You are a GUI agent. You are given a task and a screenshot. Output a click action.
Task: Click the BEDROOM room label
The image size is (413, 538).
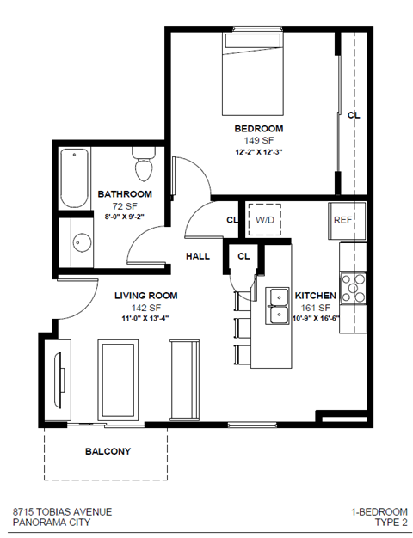(x=259, y=129)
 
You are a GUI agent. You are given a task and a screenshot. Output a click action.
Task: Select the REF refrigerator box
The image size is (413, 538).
(x=344, y=220)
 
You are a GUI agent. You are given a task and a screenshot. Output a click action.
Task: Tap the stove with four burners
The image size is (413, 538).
(x=354, y=284)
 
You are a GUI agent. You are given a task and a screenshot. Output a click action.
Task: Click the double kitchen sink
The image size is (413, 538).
(x=279, y=307)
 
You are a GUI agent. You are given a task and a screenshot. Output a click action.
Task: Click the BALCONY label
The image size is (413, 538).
(x=107, y=451)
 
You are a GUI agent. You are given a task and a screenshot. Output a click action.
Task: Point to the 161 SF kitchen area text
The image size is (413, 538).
(x=315, y=307)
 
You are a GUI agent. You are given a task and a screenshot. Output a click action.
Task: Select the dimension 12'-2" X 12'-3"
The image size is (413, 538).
(x=259, y=152)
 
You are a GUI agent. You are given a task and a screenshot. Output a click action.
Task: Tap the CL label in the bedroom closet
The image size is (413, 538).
(x=353, y=113)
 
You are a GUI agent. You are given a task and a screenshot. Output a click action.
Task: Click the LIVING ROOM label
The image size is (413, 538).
(x=146, y=295)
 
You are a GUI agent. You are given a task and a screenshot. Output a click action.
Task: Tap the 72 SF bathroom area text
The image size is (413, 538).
(x=125, y=205)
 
